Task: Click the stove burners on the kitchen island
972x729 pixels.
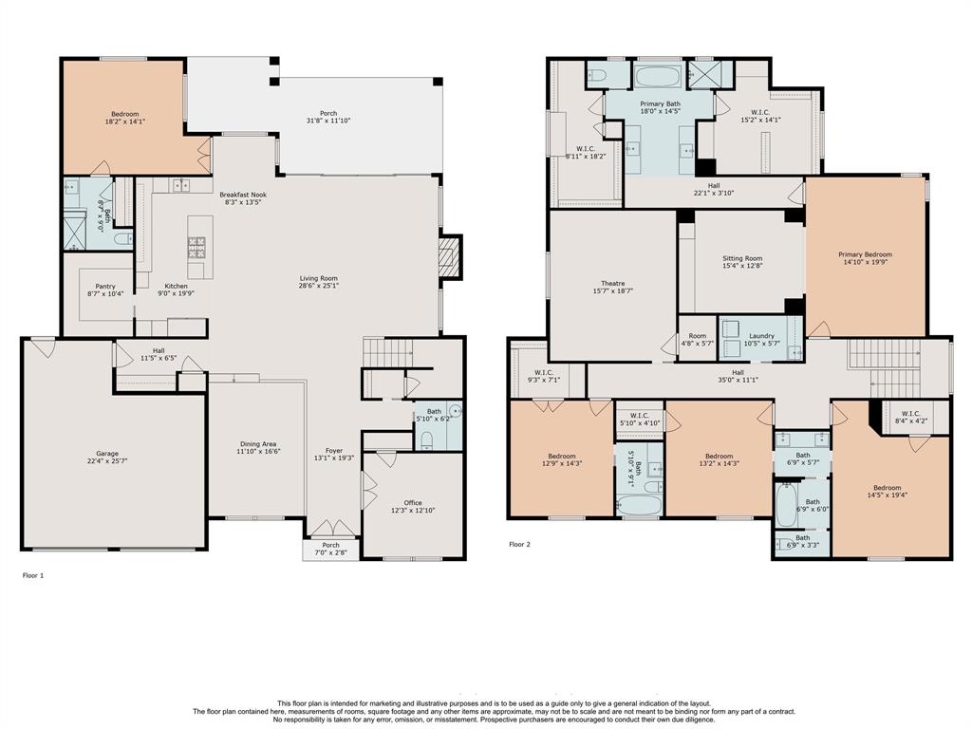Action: pyautogui.click(x=196, y=248)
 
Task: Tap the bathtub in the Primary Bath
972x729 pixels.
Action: pyautogui.click(x=659, y=76)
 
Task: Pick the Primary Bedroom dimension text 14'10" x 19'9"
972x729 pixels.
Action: pyautogui.click(x=865, y=262)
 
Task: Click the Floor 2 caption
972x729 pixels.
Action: pyautogui.click(x=519, y=544)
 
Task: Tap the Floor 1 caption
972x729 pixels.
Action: pyautogui.click(x=33, y=575)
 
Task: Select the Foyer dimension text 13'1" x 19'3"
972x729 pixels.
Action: pyautogui.click(x=333, y=458)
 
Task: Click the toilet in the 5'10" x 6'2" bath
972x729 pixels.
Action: pyautogui.click(x=426, y=440)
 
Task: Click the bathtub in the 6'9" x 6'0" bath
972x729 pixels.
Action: pyautogui.click(x=786, y=505)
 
